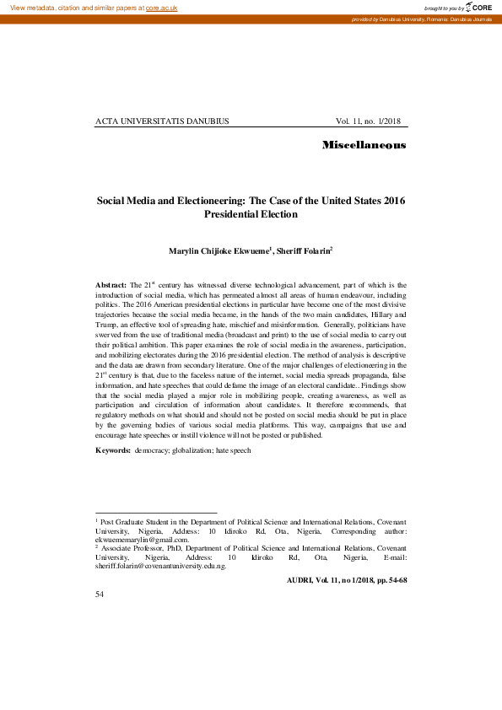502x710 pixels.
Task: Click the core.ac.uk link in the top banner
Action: coord(161,7)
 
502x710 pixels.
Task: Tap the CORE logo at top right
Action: coord(479,7)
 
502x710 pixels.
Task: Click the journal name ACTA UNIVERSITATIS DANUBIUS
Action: coord(162,121)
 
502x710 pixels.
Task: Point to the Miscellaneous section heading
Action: coord(364,146)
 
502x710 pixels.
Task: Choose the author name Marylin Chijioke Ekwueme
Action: coord(219,250)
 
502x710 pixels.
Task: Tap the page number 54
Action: coord(100,594)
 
